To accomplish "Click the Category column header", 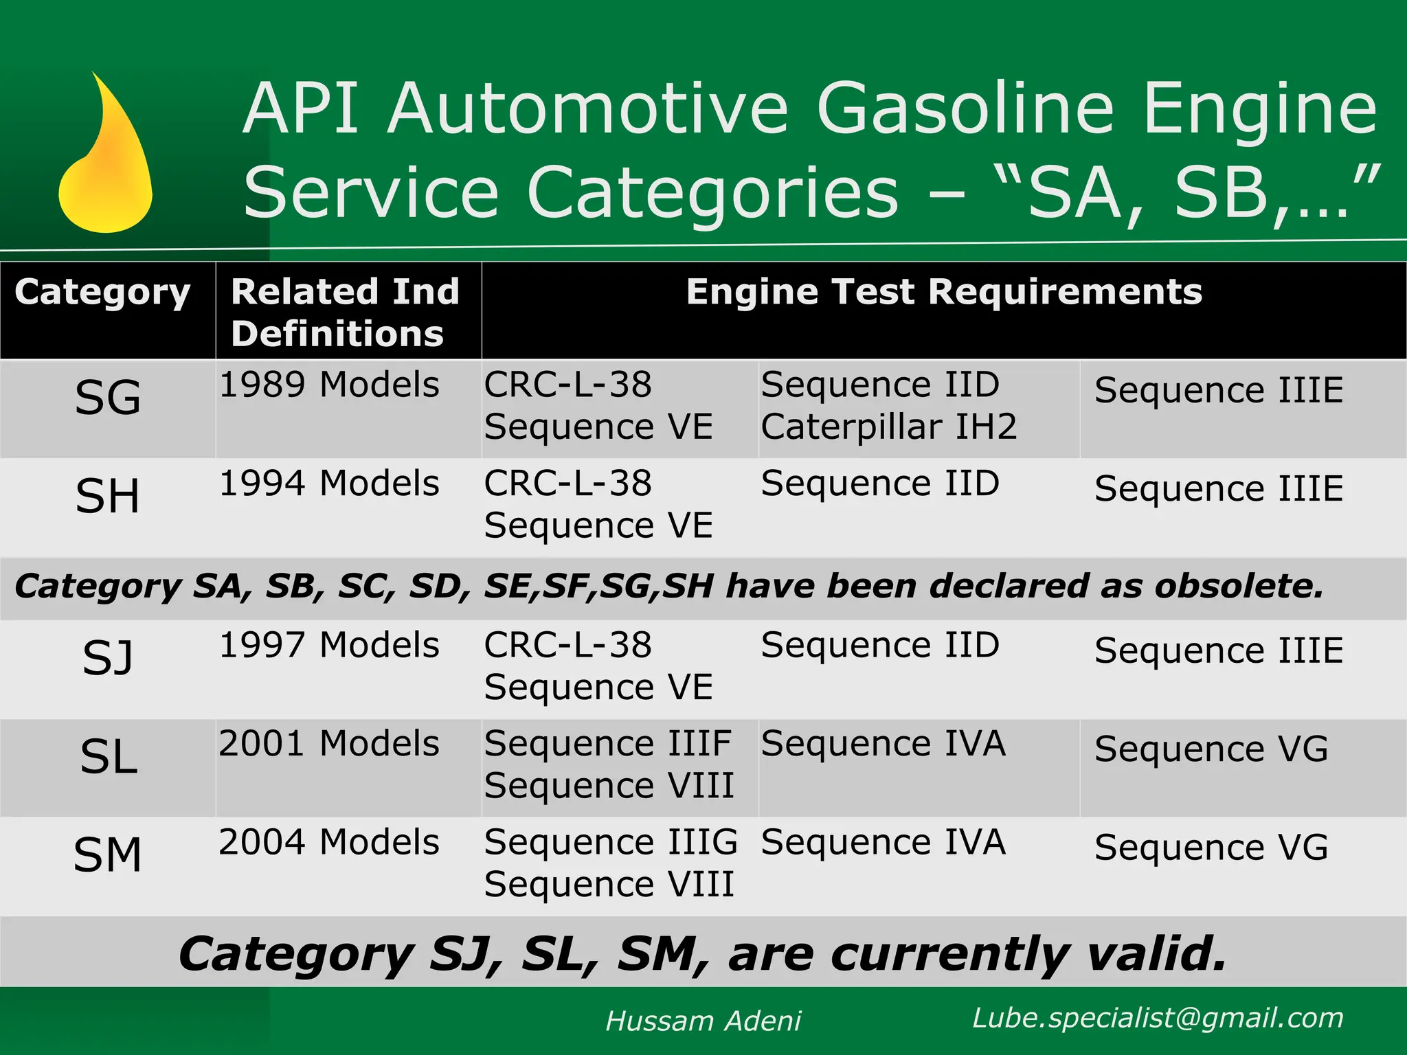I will point(102,293).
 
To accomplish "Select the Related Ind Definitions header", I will point(345,312).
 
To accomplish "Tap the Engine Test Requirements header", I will point(944,292).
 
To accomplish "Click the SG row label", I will point(108,398).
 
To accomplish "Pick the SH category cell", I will point(108,496).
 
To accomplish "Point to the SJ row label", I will point(108,658).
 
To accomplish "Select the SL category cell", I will point(109,757).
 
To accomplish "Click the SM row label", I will point(108,855).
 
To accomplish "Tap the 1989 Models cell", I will point(329,385).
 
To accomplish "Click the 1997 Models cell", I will point(329,646).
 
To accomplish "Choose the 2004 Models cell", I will point(329,843).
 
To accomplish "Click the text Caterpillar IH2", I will point(888,427).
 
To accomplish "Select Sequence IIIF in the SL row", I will point(608,744).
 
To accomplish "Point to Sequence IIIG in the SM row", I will point(611,843).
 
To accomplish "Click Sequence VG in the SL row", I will point(1211,749).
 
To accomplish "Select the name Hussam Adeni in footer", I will point(703,1021).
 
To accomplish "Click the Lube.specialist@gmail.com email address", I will point(1158,1018).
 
